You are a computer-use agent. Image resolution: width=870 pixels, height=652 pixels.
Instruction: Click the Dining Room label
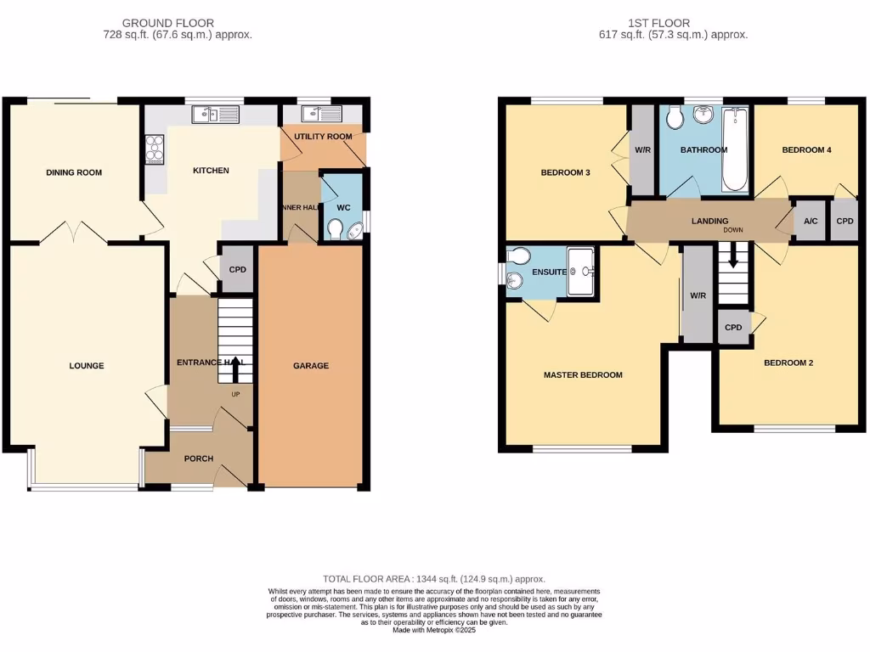point(74,172)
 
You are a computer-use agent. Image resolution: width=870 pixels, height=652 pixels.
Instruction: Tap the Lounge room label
point(87,366)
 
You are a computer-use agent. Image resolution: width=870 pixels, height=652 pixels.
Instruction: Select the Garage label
point(311,366)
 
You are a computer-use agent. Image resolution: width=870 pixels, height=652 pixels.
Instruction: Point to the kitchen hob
point(155,149)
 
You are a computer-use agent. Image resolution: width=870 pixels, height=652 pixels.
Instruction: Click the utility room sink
point(322,115)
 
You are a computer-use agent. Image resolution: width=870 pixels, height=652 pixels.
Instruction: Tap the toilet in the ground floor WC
point(337,229)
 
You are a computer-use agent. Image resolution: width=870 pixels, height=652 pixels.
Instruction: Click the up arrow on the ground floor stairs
point(235,367)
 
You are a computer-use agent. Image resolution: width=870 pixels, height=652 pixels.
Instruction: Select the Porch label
point(198,458)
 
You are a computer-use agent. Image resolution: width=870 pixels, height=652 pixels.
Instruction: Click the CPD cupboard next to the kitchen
point(238,270)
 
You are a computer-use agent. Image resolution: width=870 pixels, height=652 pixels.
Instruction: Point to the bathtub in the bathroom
point(734,149)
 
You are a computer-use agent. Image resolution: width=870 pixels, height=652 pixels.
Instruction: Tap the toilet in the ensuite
point(517,256)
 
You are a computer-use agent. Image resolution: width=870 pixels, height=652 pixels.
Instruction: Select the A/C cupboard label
point(810,222)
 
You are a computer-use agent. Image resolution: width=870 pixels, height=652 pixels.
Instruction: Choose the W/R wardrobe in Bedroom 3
point(642,150)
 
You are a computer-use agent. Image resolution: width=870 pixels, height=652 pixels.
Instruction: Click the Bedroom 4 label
point(806,150)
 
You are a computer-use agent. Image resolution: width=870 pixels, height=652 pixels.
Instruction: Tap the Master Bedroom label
point(583,374)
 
